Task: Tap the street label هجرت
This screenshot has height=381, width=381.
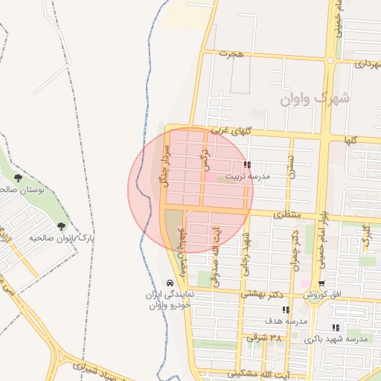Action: click(x=231, y=54)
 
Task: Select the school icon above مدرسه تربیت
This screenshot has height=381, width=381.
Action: click(x=247, y=164)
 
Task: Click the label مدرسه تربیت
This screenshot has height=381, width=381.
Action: click(x=267, y=176)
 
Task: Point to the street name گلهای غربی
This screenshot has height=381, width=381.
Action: click(x=231, y=129)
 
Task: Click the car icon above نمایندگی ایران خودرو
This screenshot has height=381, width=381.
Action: click(x=170, y=284)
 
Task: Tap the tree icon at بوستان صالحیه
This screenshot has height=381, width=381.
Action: click(x=17, y=177)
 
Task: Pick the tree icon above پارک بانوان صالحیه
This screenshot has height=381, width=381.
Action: click(x=61, y=226)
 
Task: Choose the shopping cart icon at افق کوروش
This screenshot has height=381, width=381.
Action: click(x=321, y=284)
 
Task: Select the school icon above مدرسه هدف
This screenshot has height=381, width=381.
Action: click(x=286, y=310)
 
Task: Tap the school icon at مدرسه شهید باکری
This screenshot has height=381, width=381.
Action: click(x=336, y=327)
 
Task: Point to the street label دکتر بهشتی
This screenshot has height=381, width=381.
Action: click(x=262, y=295)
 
